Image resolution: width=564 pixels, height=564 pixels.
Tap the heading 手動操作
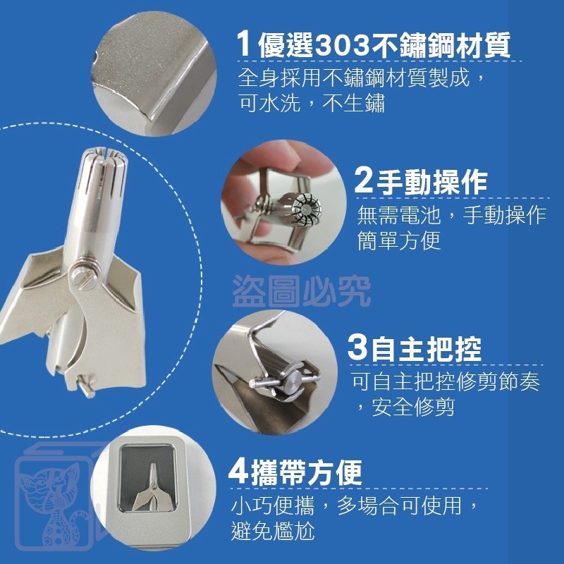[432, 183]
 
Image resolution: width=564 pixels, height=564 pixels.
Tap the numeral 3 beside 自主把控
[357, 349]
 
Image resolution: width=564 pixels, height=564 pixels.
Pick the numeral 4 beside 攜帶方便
[238, 471]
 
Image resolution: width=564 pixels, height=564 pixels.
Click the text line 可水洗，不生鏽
[312, 103]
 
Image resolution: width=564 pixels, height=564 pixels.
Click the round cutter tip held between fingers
[306, 207]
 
